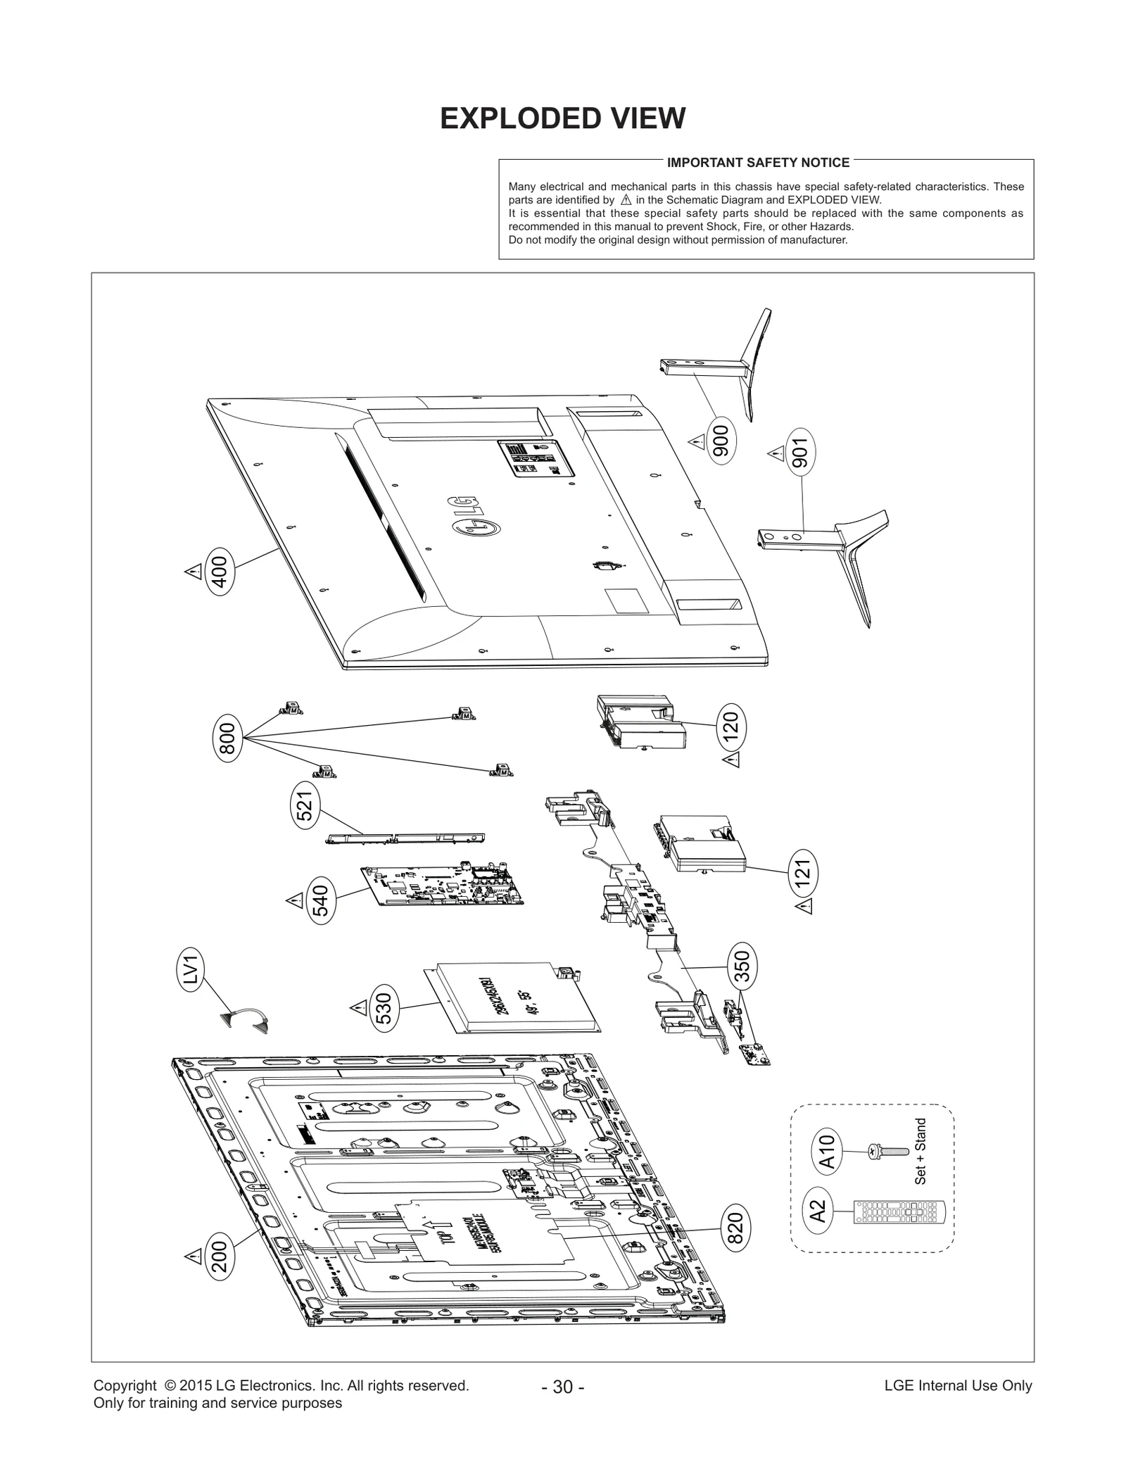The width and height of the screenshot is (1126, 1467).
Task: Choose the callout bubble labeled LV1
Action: (x=191, y=969)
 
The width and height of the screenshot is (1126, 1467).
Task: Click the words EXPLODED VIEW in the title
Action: (x=562, y=119)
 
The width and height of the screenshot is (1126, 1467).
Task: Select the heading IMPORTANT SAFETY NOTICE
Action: (x=758, y=163)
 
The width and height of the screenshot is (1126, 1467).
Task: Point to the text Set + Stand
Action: (x=921, y=1151)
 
